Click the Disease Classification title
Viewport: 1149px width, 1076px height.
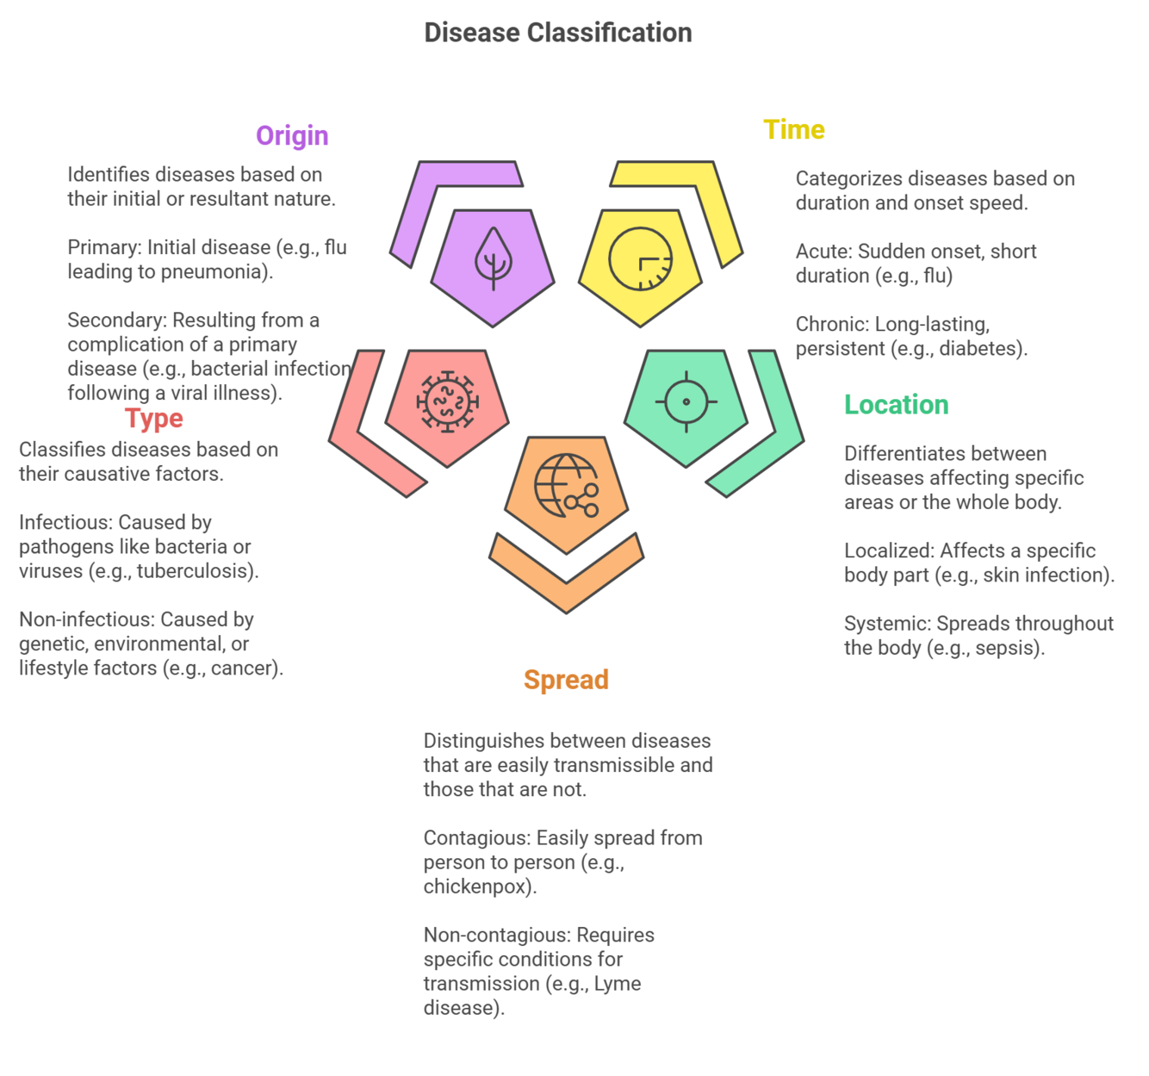[x=557, y=33]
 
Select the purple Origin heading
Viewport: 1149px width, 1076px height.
[x=292, y=135]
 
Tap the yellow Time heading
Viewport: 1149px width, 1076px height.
[x=793, y=129]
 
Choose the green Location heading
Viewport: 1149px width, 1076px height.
[x=896, y=404]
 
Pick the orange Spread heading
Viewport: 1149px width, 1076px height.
[x=566, y=680]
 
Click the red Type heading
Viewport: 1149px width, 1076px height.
[x=154, y=418]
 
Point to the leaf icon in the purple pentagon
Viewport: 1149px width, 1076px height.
[x=493, y=258]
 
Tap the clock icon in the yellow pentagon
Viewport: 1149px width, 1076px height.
[x=640, y=258]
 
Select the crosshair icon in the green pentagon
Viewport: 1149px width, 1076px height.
[x=686, y=401]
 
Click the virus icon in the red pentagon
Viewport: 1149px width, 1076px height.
[x=447, y=401]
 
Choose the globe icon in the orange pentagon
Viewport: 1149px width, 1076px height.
[x=566, y=486]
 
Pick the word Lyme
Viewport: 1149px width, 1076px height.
[x=618, y=984]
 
